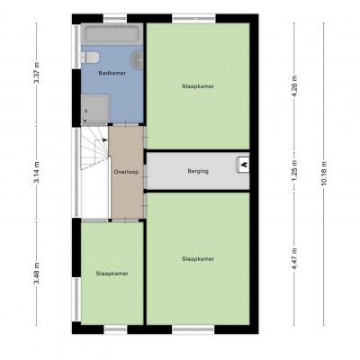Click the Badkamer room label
[x=112, y=73]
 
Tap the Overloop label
[x=126, y=172]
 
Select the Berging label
[x=198, y=171]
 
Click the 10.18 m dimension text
[x=324, y=174]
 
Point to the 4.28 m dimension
[x=294, y=85]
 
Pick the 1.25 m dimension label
[x=294, y=171]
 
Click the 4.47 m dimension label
[x=294, y=258]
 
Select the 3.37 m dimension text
[x=36, y=73]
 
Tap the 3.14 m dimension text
[x=36, y=172]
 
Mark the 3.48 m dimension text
[x=36, y=274]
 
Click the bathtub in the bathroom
[x=112, y=34]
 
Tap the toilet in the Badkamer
[x=90, y=58]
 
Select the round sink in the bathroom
[x=137, y=60]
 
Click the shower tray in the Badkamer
[x=95, y=108]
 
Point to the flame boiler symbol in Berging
[x=243, y=165]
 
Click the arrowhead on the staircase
[x=104, y=139]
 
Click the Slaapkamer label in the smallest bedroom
[x=112, y=274]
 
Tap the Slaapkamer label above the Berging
[x=198, y=86]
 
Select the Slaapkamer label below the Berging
[x=198, y=259]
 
